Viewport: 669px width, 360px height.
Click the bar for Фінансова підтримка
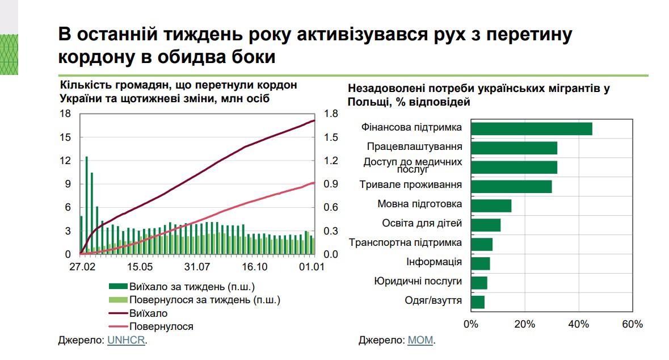coord(531,129)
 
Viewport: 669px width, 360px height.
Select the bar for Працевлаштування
coord(514,148)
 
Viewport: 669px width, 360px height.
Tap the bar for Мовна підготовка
coord(491,206)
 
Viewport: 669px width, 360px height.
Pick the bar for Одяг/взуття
coord(478,302)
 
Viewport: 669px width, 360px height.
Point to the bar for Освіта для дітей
coord(486,225)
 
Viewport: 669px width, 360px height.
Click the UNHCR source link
coord(126,340)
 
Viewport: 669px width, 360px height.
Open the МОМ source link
coord(420,340)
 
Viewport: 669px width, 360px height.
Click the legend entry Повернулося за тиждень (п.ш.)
coord(204,300)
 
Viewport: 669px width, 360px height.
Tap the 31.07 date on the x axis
coord(197,267)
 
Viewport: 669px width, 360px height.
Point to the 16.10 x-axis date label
coord(254,267)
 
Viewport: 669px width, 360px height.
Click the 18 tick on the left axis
coord(65,114)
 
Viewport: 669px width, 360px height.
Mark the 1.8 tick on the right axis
coord(330,114)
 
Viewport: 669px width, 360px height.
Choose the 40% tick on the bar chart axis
coord(578,324)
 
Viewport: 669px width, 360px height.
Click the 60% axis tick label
coord(632,324)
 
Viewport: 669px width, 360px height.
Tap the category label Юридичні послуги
coord(418,281)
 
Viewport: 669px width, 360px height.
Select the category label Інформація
coord(434,262)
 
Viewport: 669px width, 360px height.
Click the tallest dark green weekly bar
coord(86,204)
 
